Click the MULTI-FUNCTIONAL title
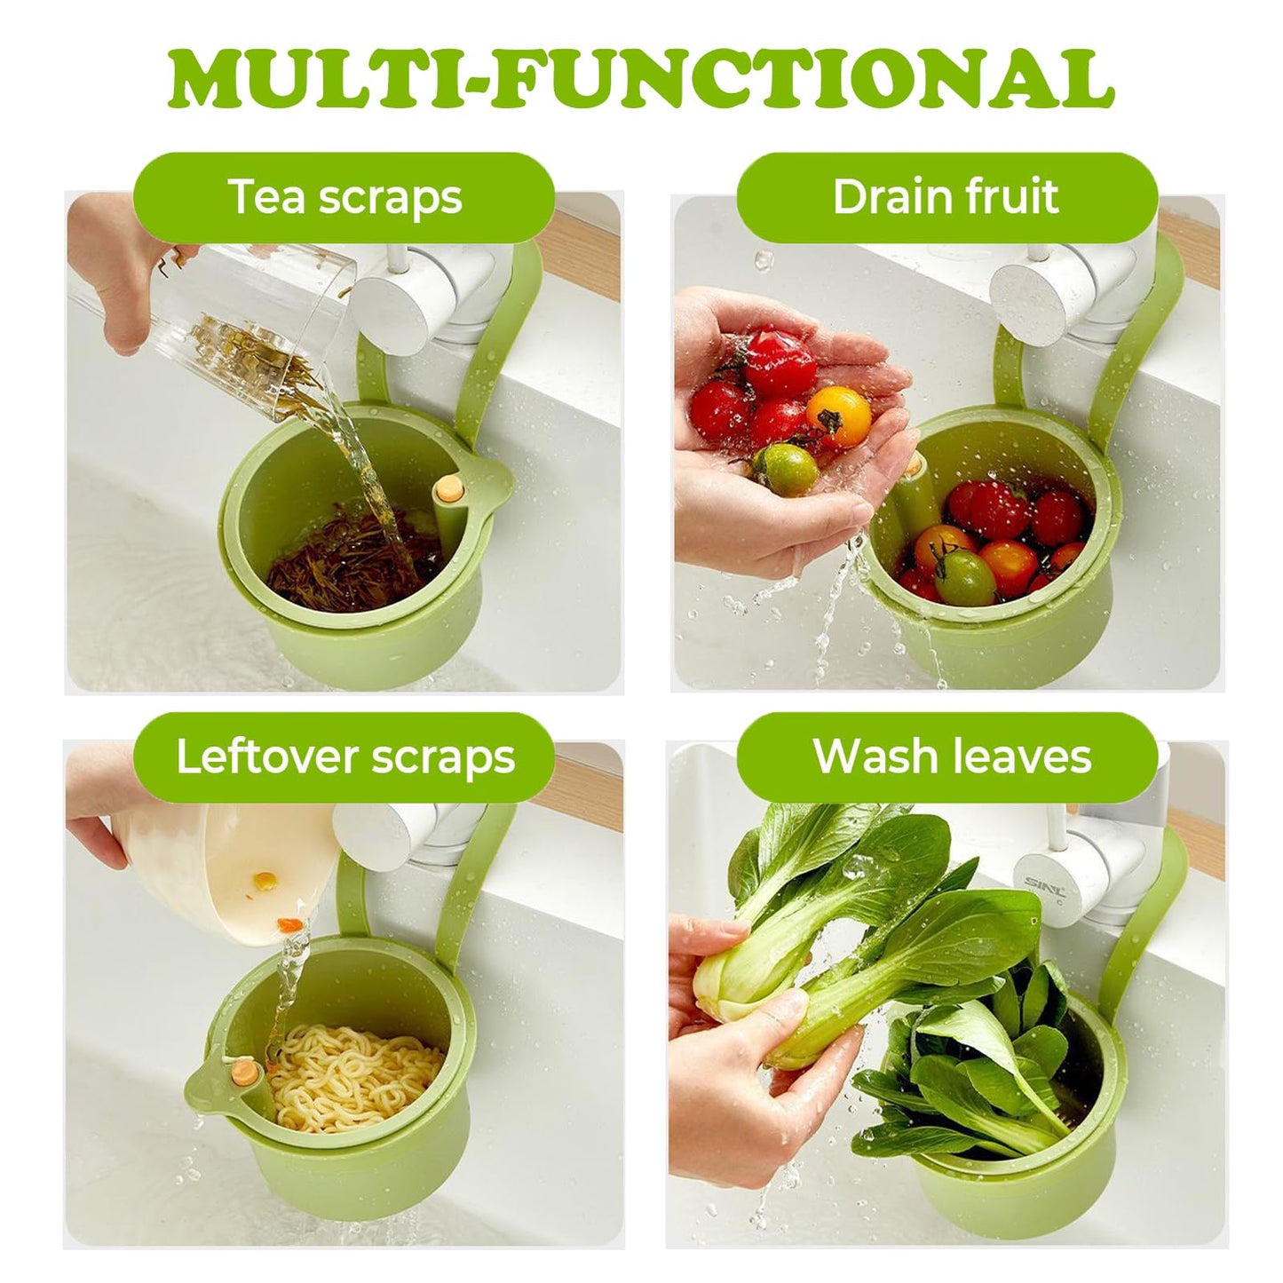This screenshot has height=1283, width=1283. (641, 80)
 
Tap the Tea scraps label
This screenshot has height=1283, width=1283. (345, 197)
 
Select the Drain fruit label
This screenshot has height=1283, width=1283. (946, 197)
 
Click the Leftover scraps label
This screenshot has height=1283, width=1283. (345, 757)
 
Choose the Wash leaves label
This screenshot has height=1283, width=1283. (951, 757)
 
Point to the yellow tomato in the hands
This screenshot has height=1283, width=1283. (837, 416)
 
